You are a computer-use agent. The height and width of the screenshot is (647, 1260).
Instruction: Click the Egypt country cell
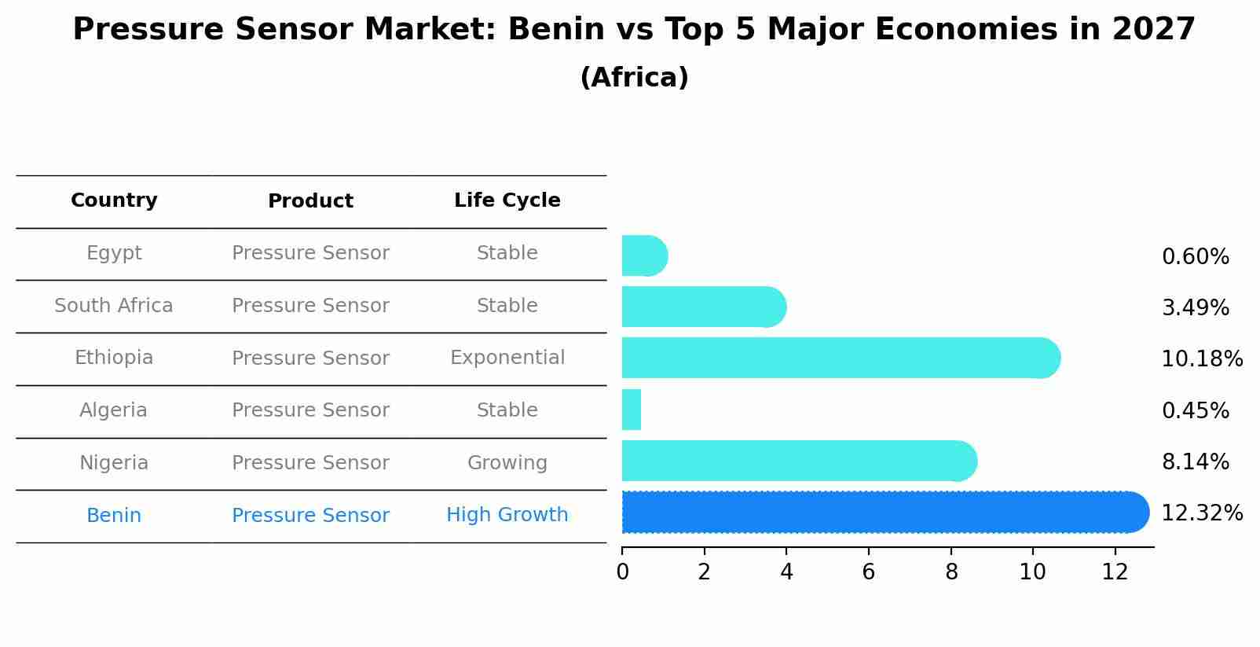(x=114, y=253)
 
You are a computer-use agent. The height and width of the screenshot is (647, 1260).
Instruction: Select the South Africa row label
(x=114, y=306)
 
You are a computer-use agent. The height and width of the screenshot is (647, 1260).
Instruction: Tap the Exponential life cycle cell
(x=507, y=358)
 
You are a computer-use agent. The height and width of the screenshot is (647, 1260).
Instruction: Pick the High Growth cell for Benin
(x=507, y=515)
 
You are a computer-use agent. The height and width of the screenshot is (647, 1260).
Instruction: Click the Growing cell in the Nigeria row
(x=507, y=463)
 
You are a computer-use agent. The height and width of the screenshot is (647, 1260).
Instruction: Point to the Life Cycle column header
(x=507, y=200)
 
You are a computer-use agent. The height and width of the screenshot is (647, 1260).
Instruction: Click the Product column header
(x=310, y=201)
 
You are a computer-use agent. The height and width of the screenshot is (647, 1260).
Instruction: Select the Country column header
(x=114, y=200)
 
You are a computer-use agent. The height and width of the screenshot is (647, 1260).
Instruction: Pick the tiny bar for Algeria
(x=632, y=410)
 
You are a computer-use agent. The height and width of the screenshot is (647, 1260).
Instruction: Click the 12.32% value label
(x=1202, y=513)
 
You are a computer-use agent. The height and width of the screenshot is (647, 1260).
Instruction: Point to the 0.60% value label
(x=1195, y=257)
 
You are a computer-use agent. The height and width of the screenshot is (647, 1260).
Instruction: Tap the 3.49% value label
(x=1195, y=308)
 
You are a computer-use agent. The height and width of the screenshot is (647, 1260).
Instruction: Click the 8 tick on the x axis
(x=951, y=572)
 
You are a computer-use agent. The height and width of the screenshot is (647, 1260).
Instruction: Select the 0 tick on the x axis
(x=622, y=572)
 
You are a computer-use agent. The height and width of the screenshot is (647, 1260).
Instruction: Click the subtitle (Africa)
(x=634, y=78)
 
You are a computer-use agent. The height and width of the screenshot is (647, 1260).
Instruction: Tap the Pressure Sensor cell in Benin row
(x=310, y=516)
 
